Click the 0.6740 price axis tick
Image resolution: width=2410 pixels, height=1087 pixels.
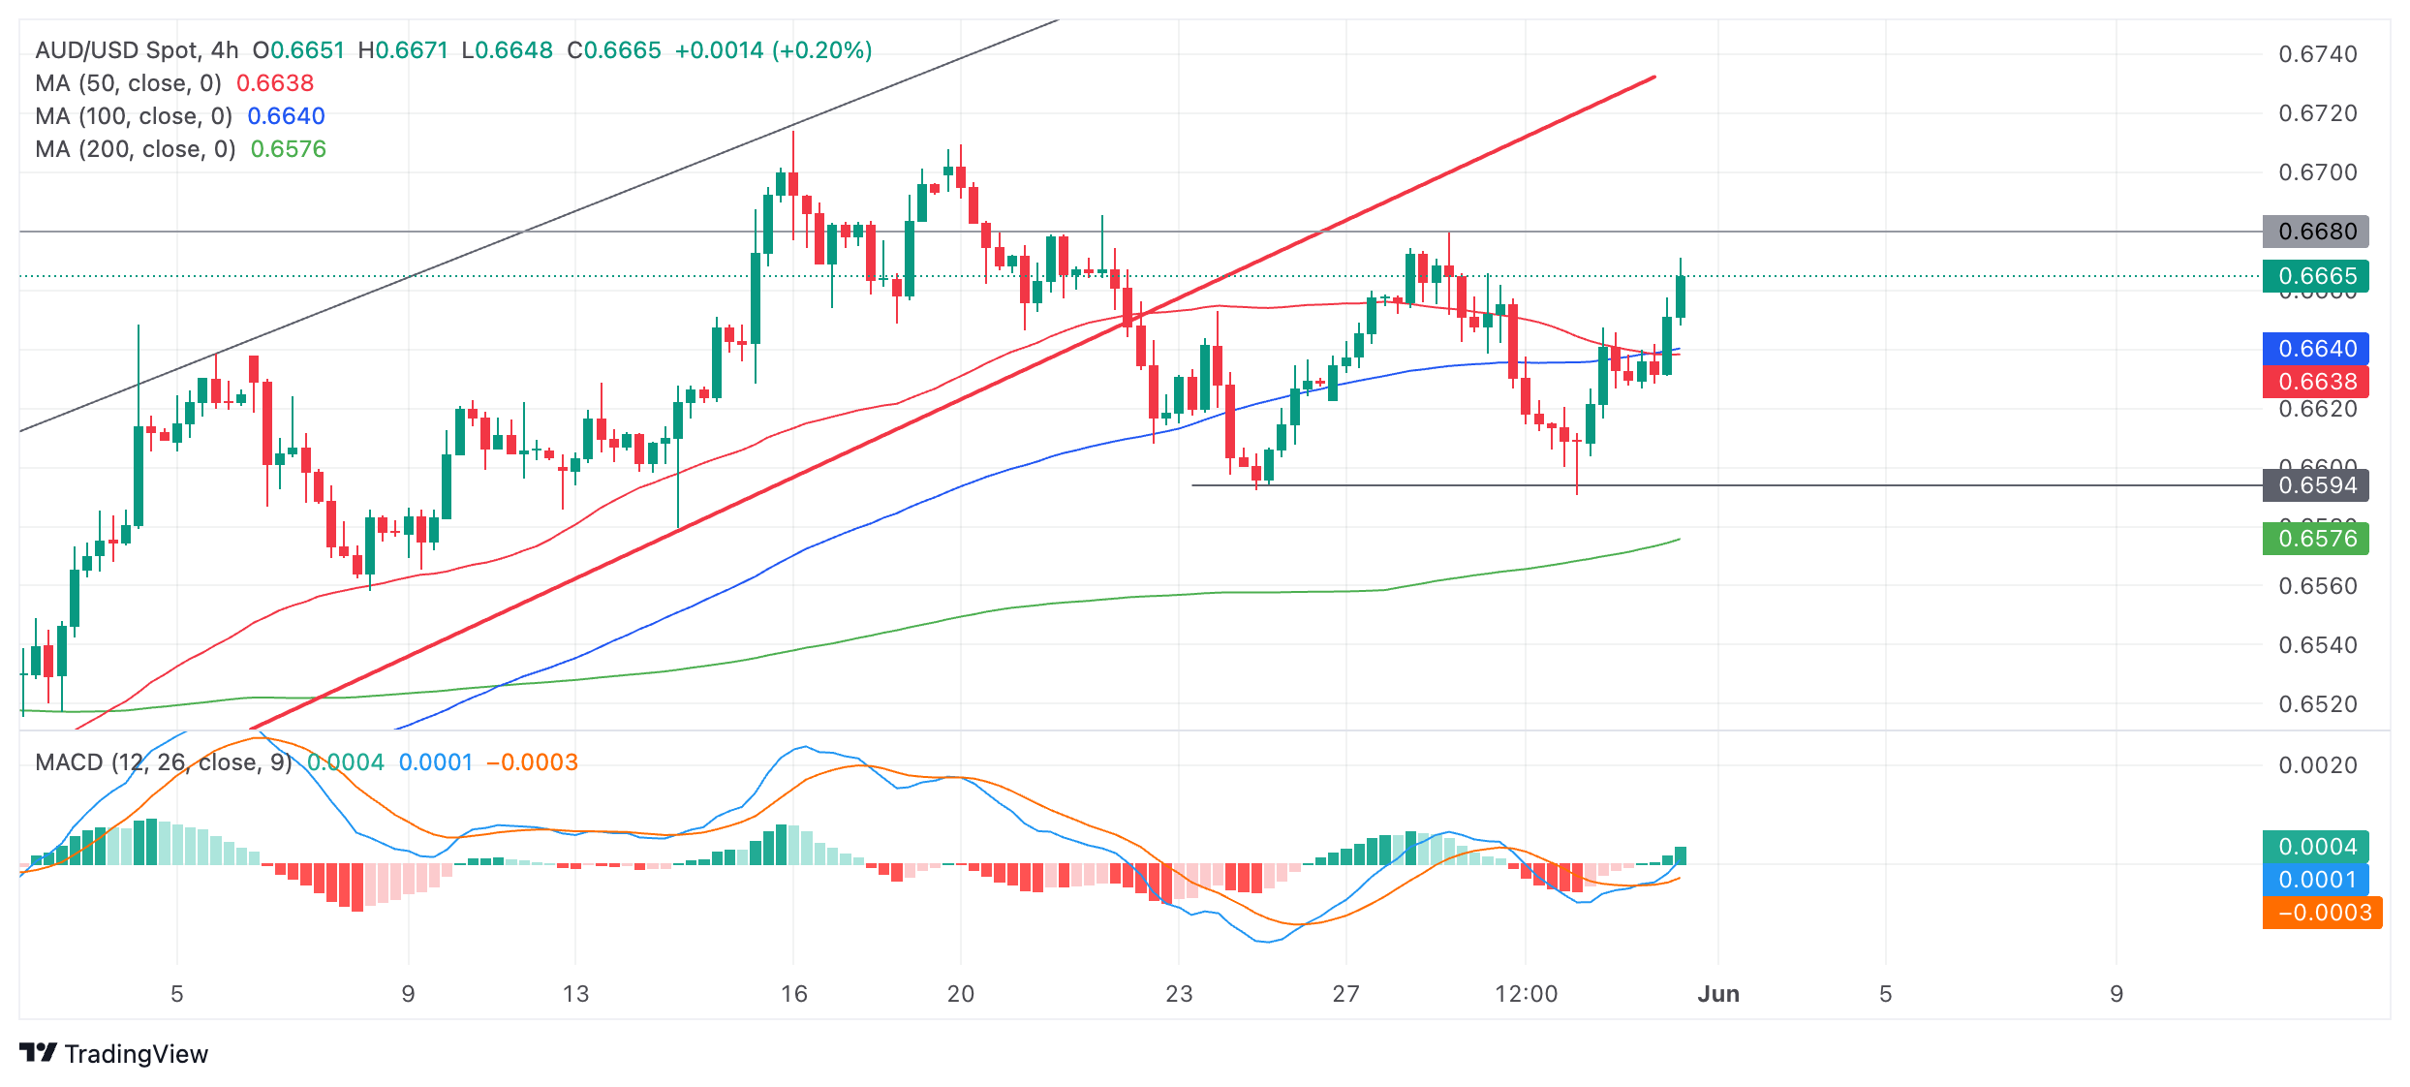tap(2317, 54)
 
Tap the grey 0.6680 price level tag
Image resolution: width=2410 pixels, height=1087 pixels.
tap(2315, 232)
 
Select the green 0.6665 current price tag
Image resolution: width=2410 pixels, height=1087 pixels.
tap(2315, 276)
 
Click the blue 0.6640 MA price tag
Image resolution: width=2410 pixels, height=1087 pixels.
tap(2315, 349)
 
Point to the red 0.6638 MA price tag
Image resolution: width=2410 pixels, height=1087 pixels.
tap(2315, 382)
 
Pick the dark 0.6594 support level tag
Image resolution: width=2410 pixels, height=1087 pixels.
tap(2315, 485)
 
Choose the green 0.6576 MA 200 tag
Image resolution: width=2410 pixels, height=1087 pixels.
tap(2315, 539)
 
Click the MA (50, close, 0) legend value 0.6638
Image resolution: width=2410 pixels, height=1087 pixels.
tap(275, 83)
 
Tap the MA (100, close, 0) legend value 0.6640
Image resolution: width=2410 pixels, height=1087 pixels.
tap(286, 116)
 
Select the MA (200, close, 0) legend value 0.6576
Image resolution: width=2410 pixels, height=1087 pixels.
tap(288, 149)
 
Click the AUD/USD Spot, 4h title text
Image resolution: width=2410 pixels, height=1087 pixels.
tap(137, 50)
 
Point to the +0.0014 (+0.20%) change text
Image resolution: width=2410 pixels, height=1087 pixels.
tap(773, 50)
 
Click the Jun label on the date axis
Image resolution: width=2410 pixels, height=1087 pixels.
tap(1718, 994)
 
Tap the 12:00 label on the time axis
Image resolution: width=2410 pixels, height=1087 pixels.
tap(1526, 994)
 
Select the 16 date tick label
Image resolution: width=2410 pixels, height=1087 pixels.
tap(793, 994)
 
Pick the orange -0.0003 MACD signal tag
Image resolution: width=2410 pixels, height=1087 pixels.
tap(2322, 913)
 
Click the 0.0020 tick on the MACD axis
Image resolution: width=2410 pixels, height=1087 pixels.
tap(2317, 765)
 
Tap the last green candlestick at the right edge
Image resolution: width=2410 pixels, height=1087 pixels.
tap(1681, 296)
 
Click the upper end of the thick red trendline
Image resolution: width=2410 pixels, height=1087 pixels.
tap(1653, 78)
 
